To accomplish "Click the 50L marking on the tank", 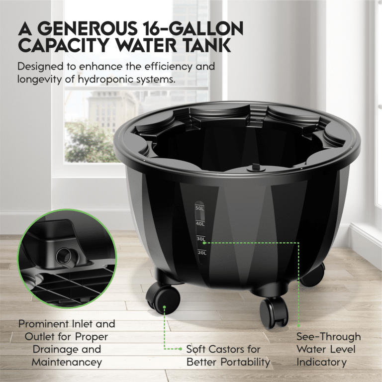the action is point(199,208).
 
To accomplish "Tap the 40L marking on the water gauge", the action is point(200,224).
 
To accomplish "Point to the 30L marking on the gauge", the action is point(201,239).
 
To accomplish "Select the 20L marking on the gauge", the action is point(202,252).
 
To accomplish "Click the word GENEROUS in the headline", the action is point(87,28).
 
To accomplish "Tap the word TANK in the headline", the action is point(206,45).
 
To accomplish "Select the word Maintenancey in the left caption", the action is point(67,362).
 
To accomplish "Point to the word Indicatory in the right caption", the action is point(321,362).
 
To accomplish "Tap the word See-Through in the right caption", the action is point(329,337).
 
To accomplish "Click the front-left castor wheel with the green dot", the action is point(163,297).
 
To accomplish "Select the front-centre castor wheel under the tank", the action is point(274,312).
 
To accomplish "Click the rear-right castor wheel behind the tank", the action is point(313,275).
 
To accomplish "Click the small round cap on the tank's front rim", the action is point(254,168).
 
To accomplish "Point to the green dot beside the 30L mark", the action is point(204,243).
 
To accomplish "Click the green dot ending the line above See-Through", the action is point(298,326).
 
